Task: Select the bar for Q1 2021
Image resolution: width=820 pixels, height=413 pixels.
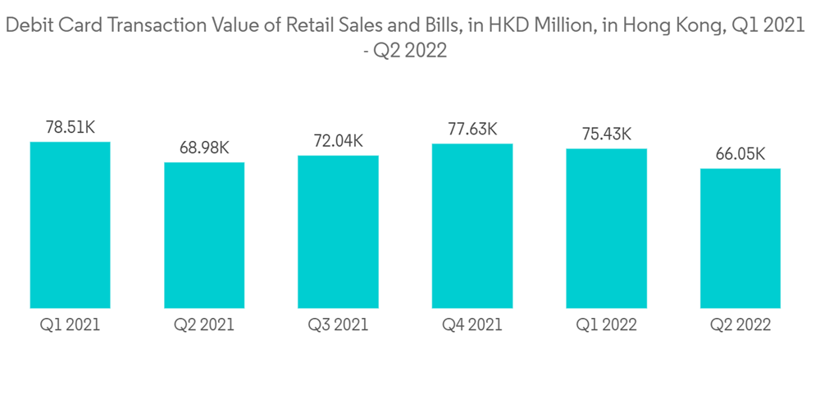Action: click(70, 225)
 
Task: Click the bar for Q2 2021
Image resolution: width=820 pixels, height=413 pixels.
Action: click(204, 235)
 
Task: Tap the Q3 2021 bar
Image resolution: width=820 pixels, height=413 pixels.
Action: click(338, 232)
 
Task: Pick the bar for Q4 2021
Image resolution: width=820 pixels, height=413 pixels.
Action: click(472, 226)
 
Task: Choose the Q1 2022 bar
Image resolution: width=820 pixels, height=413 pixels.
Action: click(606, 229)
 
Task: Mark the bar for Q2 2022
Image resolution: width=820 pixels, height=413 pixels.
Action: click(740, 238)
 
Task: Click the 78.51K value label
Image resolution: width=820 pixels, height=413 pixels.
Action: click(70, 129)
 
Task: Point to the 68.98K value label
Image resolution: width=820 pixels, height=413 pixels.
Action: click(204, 148)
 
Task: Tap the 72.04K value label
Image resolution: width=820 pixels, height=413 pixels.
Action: click(338, 142)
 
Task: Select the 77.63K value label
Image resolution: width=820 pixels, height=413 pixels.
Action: click(472, 129)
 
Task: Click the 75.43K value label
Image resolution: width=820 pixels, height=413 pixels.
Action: click(606, 134)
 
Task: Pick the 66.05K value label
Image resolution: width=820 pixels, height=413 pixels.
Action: click(740, 154)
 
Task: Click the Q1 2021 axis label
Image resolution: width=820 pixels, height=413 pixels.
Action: click(70, 325)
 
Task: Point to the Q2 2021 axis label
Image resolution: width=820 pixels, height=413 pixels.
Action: click(204, 325)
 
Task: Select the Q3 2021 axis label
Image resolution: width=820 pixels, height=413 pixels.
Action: click(338, 325)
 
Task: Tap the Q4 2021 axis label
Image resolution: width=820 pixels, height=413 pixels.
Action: click(472, 325)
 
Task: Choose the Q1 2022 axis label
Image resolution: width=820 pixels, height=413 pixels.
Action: click(606, 325)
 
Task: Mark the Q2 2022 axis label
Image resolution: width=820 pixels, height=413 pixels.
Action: click(740, 325)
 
